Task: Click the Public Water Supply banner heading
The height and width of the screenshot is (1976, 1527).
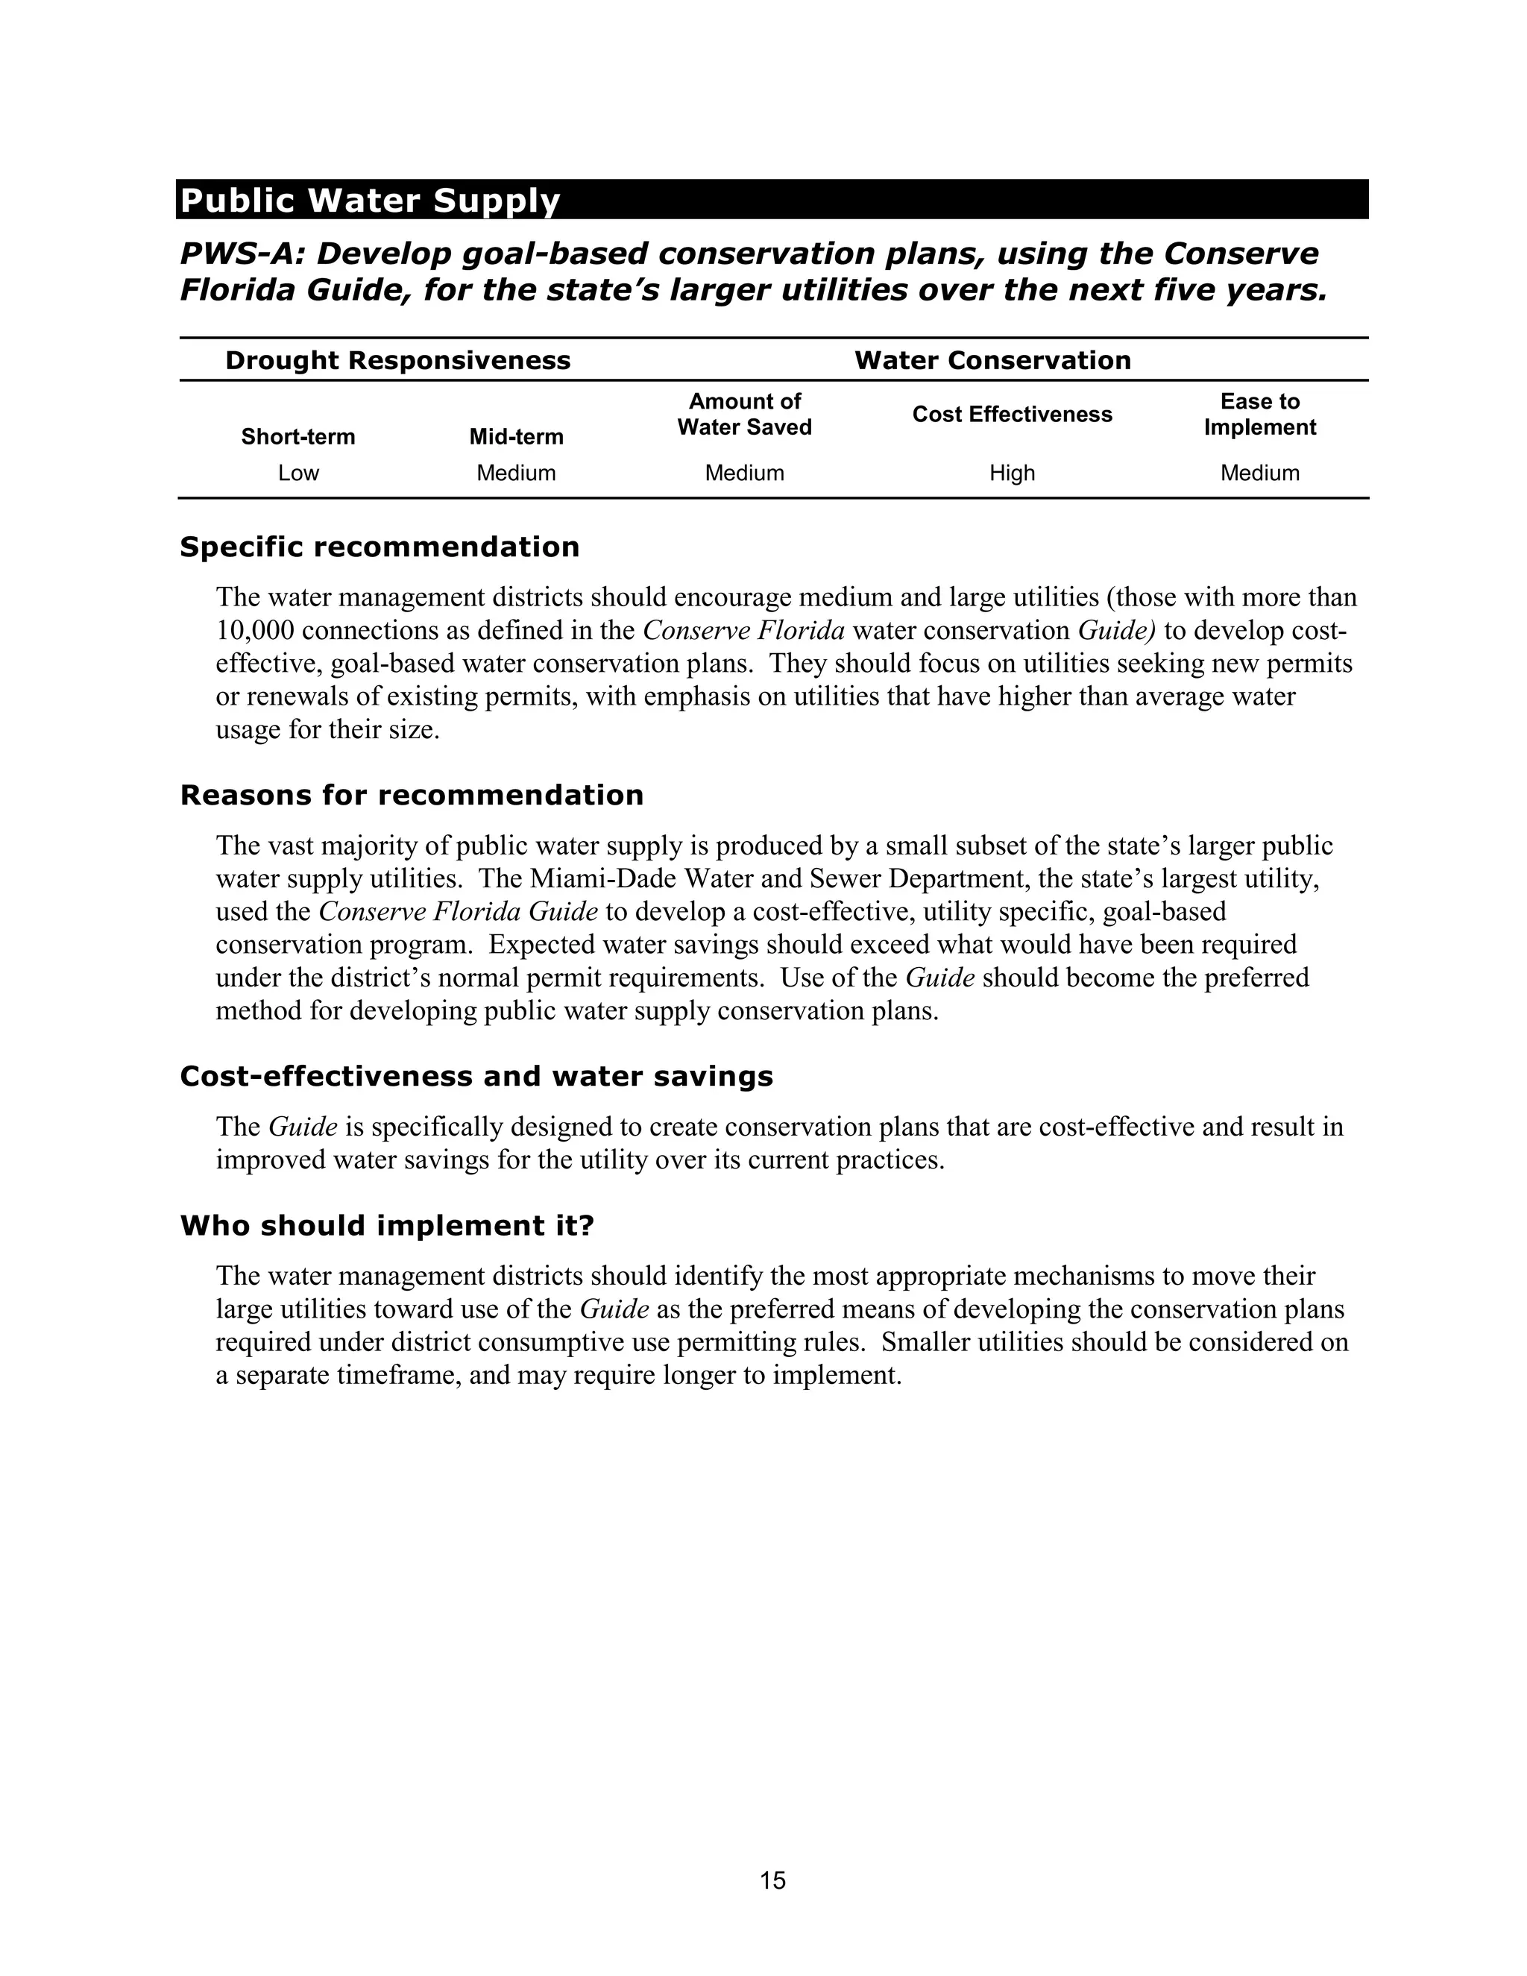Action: [x=370, y=200]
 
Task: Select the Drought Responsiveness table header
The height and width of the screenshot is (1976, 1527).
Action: [x=397, y=360]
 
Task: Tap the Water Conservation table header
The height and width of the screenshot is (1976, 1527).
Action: [x=992, y=360]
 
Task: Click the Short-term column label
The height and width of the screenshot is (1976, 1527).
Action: [x=297, y=437]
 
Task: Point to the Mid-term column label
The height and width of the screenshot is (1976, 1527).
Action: [x=516, y=437]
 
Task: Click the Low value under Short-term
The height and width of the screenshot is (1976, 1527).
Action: [x=297, y=473]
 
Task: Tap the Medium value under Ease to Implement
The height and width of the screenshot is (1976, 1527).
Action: [x=1259, y=473]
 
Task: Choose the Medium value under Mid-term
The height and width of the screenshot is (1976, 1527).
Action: [x=516, y=473]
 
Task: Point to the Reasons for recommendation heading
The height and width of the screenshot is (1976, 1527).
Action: [x=412, y=796]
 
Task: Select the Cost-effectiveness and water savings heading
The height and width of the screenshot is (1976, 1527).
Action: [x=476, y=1076]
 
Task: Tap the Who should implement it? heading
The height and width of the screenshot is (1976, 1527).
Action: [x=386, y=1226]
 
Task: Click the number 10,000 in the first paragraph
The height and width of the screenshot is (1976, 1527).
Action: [x=258, y=631]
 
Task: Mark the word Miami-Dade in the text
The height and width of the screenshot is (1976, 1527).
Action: [x=603, y=878]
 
